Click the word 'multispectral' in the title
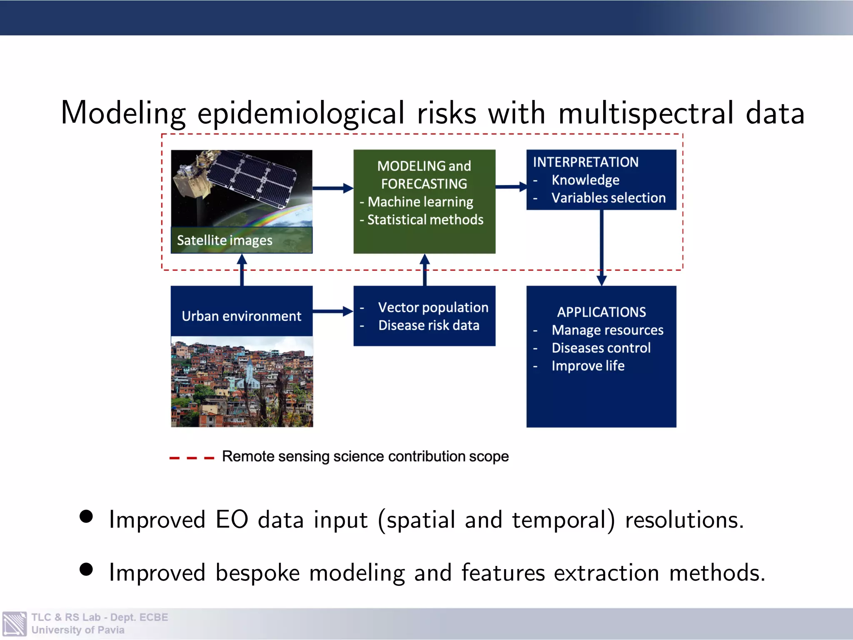tap(646, 113)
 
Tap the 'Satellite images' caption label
tap(224, 240)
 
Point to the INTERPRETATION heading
tap(585, 162)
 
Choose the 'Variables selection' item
tap(608, 198)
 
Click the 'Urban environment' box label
tap(241, 316)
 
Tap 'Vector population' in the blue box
tap(433, 307)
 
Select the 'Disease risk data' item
tap(429, 325)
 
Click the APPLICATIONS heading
tap(601, 312)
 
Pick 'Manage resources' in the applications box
tap(607, 330)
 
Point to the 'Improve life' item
tap(588, 366)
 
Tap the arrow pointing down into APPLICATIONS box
tap(601, 250)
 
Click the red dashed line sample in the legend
tap(192, 458)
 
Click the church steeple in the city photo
tap(249, 367)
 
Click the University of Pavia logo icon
tap(15, 624)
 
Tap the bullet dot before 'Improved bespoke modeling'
tap(86, 569)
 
